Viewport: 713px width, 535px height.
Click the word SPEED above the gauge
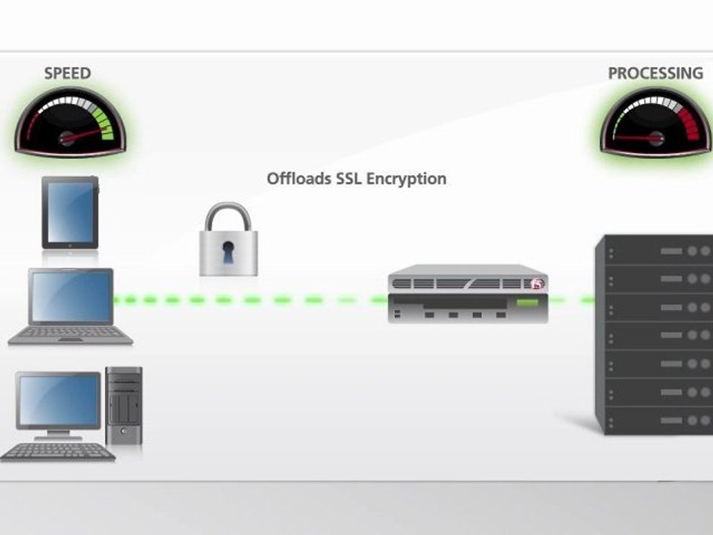click(68, 73)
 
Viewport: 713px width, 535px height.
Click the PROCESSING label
click(655, 73)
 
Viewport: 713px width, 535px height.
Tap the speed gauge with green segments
click(68, 123)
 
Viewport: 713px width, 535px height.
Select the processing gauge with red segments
click(655, 123)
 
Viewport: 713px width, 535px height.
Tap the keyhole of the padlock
click(228, 254)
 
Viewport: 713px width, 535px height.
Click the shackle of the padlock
click(228, 217)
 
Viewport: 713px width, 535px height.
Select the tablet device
click(70, 213)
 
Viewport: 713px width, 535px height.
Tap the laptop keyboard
click(71, 334)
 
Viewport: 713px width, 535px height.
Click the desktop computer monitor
click(59, 401)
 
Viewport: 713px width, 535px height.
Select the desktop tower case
click(123, 405)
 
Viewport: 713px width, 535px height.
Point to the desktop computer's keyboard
click(58, 451)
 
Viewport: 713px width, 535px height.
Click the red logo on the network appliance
click(537, 283)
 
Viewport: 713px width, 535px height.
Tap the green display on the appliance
click(529, 303)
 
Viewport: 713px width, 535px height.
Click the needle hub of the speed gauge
click(68, 137)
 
